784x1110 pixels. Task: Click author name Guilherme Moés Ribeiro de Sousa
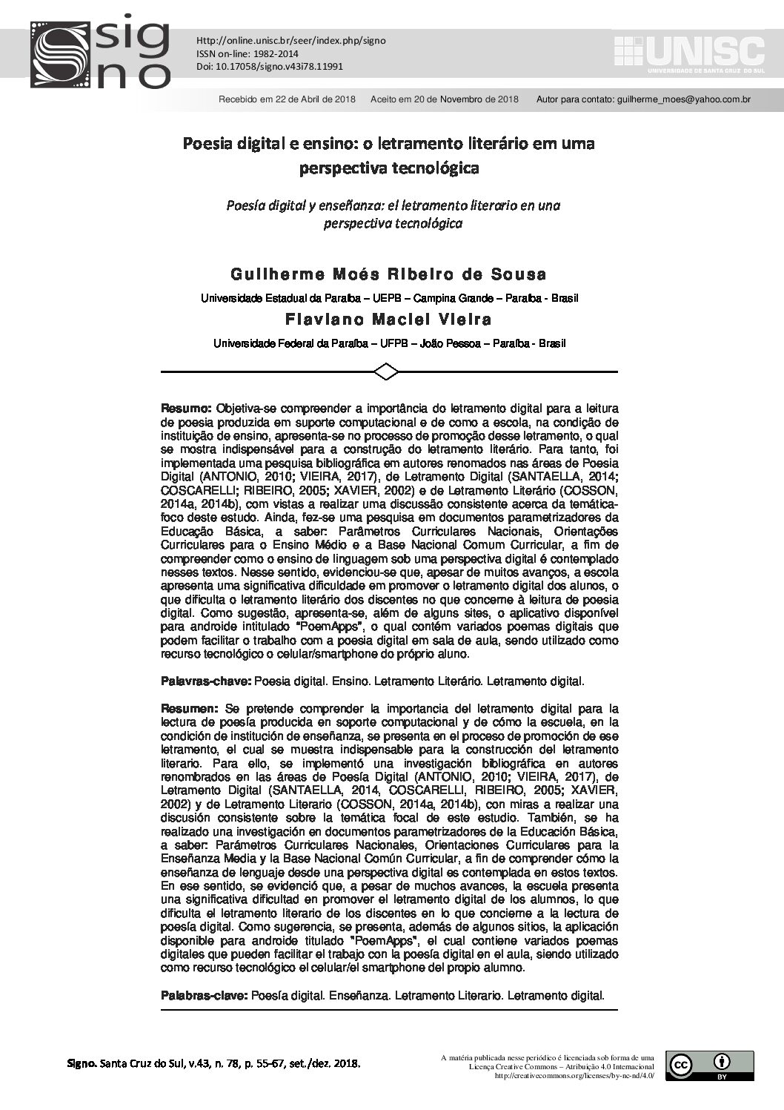coord(389,274)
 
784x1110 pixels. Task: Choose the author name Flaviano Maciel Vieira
coord(389,320)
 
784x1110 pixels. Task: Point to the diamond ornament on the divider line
coord(388,371)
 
